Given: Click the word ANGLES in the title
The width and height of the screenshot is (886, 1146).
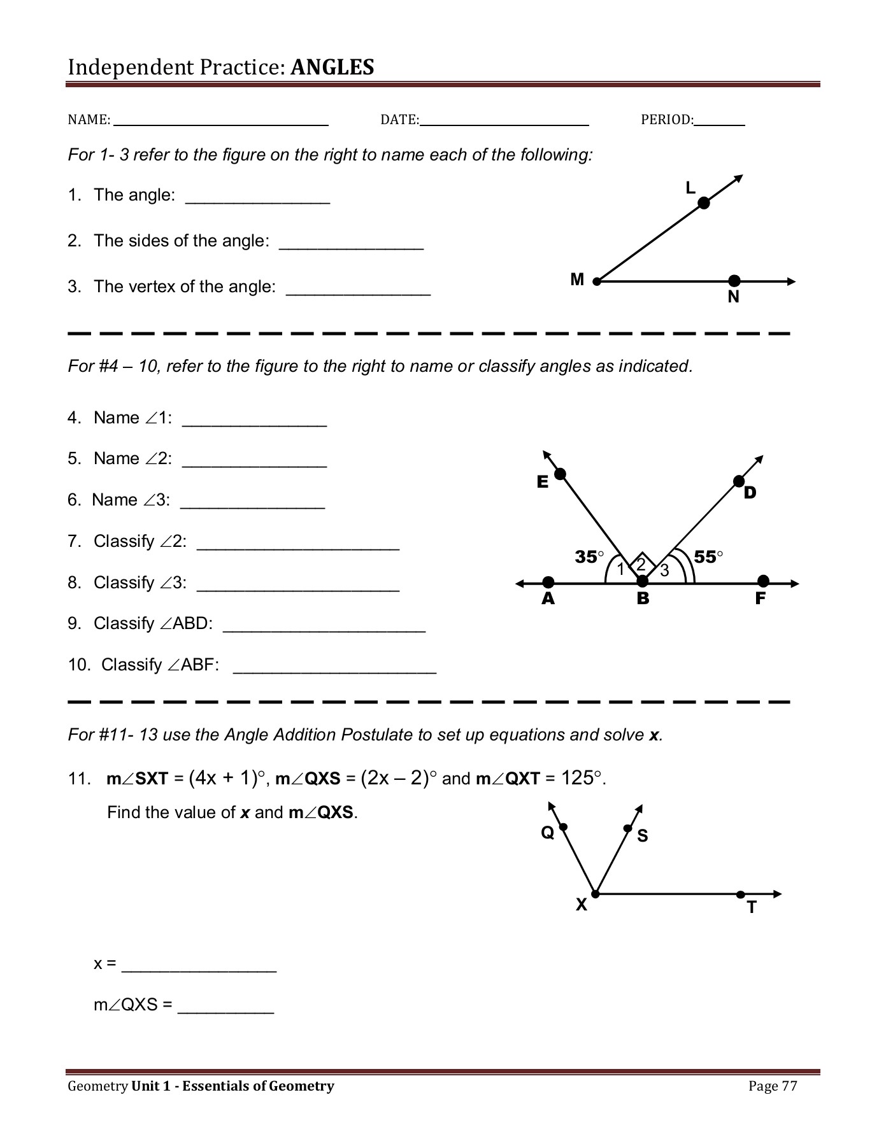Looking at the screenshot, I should point(332,67).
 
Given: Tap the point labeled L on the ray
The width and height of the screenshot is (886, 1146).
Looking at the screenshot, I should point(703,203).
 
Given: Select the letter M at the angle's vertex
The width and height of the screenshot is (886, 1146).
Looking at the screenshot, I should point(577,279).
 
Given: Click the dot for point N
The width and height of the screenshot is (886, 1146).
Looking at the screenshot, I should point(734,281).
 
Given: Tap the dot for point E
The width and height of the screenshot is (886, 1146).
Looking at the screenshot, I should point(560,474).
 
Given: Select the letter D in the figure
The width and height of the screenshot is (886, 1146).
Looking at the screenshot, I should point(750,492).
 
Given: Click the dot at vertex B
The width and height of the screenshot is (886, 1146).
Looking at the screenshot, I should point(643,581).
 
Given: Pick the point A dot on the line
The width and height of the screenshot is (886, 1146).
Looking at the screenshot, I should point(548,582).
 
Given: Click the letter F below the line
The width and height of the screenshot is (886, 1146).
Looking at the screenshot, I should point(760,598).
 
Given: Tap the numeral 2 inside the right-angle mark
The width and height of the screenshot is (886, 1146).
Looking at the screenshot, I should point(641,564).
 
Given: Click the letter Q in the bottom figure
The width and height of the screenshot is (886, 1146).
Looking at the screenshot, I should point(547,832).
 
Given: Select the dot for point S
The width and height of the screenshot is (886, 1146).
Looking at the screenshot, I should point(628,828).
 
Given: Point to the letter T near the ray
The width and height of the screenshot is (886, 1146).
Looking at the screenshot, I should point(752,908).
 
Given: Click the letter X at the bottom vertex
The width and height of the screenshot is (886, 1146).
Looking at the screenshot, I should point(581,905).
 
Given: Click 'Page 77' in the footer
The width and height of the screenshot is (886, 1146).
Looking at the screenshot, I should point(773,1086).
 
